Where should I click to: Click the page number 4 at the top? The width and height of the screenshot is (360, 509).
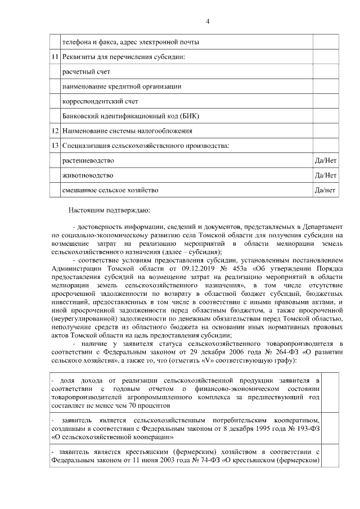[x=207, y=21]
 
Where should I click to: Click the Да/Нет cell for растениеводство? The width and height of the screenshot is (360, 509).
[x=326, y=161]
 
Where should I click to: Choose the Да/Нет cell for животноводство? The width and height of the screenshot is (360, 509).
[x=326, y=175]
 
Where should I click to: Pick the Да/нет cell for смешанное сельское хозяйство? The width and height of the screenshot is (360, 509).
[x=326, y=190]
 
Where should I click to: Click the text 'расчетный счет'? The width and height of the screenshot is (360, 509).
[x=86, y=72]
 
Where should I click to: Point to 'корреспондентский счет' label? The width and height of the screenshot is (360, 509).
[x=100, y=101]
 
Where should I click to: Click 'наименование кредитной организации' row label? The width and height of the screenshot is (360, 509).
[x=121, y=87]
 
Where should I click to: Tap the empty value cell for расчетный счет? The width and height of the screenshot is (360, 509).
[x=326, y=72]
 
